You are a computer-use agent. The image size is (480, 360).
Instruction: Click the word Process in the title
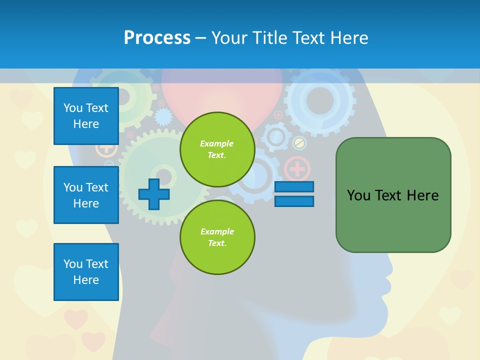[157, 37]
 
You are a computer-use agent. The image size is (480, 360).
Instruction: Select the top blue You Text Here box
[86, 116]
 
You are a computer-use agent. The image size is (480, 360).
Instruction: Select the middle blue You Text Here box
[86, 195]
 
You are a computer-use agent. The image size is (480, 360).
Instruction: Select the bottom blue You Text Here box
[86, 272]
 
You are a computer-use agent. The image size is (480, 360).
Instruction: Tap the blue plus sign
[154, 194]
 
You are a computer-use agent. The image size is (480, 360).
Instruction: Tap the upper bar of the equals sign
[294, 186]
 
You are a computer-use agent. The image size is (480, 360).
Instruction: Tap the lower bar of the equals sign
[294, 201]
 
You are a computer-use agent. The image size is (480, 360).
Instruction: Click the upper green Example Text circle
[217, 149]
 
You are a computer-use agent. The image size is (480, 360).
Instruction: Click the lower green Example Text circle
[217, 237]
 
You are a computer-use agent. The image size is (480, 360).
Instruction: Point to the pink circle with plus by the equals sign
[297, 168]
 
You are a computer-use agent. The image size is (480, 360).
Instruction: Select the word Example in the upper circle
[216, 143]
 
